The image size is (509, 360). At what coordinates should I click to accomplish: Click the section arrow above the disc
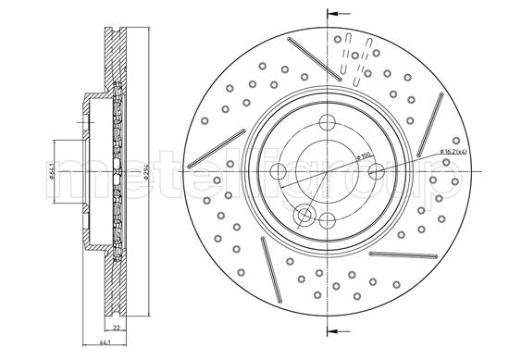tap(335, 15)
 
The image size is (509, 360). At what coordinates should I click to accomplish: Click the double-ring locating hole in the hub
tap(303, 216)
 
